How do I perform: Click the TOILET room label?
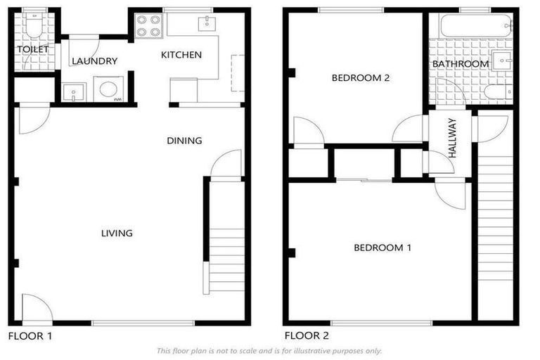click(x=32, y=49)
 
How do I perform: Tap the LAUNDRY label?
click(x=94, y=61)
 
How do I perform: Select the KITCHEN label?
click(x=181, y=54)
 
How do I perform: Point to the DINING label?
click(x=184, y=141)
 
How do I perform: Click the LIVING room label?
click(x=117, y=233)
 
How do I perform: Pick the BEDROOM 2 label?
click(x=361, y=78)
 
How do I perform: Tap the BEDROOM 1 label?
click(x=382, y=247)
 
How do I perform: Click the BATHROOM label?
click(x=461, y=64)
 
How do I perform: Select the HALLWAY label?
click(x=451, y=138)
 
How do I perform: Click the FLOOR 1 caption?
click(x=30, y=336)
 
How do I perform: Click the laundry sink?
click(x=73, y=92)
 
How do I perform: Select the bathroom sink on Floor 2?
click(x=502, y=61)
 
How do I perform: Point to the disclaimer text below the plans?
click(x=269, y=350)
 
